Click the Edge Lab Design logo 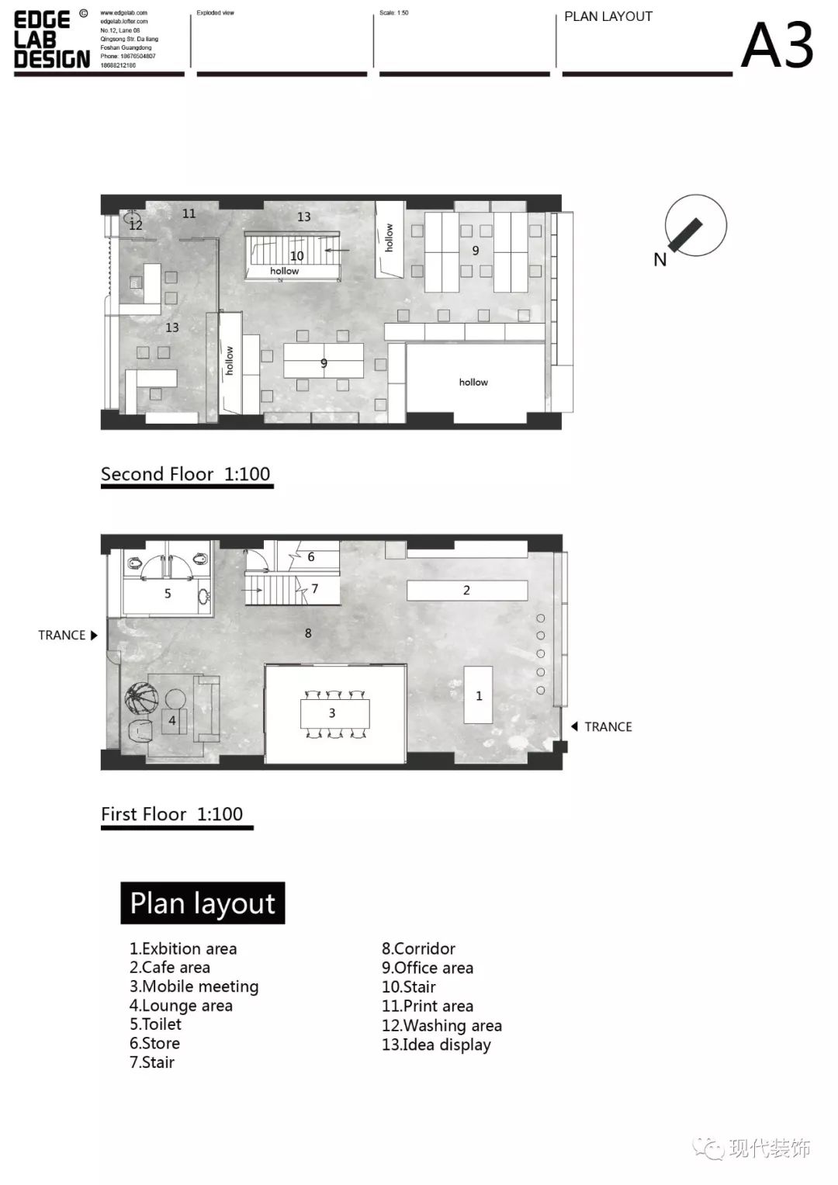[x=52, y=40]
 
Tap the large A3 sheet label [x=777, y=45]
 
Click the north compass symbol [x=695, y=227]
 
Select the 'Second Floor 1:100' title [x=185, y=474]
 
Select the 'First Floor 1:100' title [x=172, y=814]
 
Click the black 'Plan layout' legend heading [x=203, y=903]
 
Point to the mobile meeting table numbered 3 [x=334, y=713]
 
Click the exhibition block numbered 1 [x=479, y=695]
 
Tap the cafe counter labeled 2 [x=467, y=591]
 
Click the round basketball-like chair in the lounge [x=142, y=698]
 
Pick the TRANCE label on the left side [x=62, y=635]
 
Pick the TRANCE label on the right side [x=608, y=726]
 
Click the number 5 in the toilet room [x=168, y=594]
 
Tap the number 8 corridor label [x=308, y=633]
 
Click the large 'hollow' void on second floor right [x=474, y=382]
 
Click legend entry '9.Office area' [x=427, y=968]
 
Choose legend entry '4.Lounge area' [x=181, y=1006]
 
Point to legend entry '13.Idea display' [x=436, y=1045]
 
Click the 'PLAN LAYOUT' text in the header [x=608, y=16]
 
